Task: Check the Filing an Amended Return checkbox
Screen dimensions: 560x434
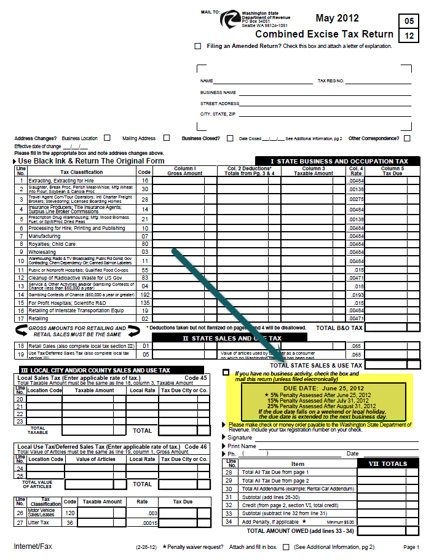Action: coord(197,46)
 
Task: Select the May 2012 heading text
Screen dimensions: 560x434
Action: coord(337,18)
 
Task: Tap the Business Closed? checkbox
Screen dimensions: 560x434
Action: coord(230,138)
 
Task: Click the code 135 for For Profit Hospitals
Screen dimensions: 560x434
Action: coord(145,302)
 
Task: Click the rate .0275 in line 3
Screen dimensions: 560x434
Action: coord(356,199)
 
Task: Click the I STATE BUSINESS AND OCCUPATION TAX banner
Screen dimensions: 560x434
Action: coord(339,161)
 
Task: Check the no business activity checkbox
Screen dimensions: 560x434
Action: coord(226,373)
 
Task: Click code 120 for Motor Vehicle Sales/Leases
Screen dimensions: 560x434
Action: coord(69,512)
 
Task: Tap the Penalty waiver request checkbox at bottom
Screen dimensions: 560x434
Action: coord(285,546)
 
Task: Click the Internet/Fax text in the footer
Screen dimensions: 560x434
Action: coord(33,546)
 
